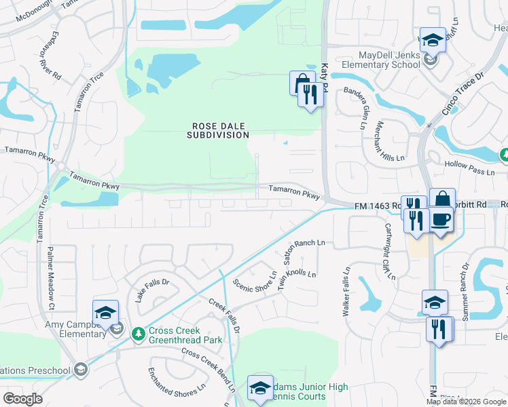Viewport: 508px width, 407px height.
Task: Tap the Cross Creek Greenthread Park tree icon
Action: pyautogui.click(x=139, y=334)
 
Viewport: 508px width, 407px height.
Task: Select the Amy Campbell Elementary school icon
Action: pyautogui.click(x=105, y=313)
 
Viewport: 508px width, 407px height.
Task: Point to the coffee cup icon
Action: pyautogui.click(x=441, y=220)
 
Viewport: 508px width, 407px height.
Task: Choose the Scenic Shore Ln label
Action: pyautogui.click(x=255, y=286)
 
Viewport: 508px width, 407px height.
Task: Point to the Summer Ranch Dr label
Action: pyautogui.click(x=463, y=279)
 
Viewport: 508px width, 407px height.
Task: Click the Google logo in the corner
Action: pyautogui.click(x=22, y=399)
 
